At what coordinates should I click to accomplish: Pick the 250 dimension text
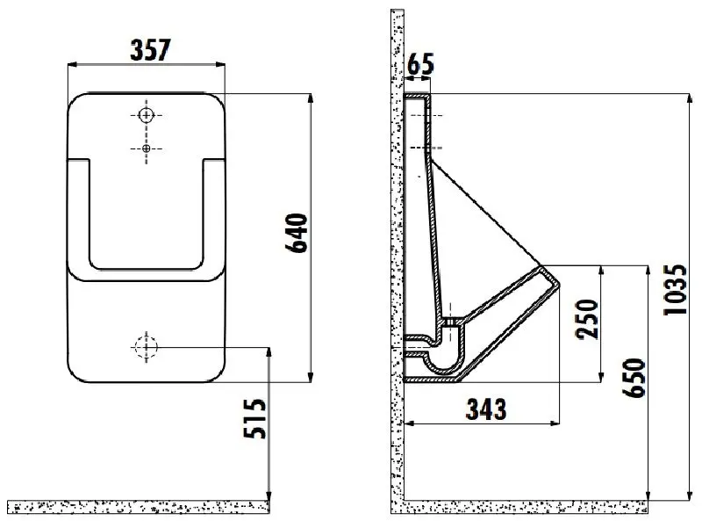click(x=585, y=319)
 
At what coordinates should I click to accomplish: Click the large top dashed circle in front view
click(x=147, y=115)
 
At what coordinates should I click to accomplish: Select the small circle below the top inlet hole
click(x=147, y=147)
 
